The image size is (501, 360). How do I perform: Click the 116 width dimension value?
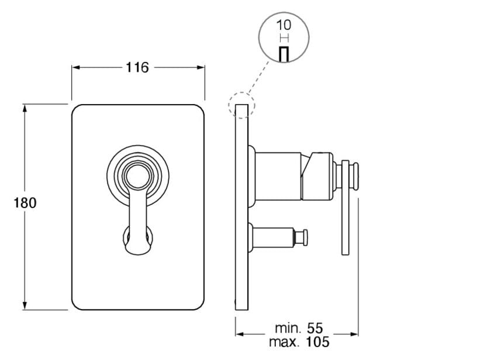(x=137, y=67)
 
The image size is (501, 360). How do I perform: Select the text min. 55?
(x=299, y=328)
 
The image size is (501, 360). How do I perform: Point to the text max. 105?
(x=299, y=342)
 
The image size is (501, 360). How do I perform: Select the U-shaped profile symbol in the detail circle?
(x=284, y=53)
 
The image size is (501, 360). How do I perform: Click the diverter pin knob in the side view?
(x=304, y=237)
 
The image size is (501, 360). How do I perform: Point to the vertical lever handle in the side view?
(x=346, y=216)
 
